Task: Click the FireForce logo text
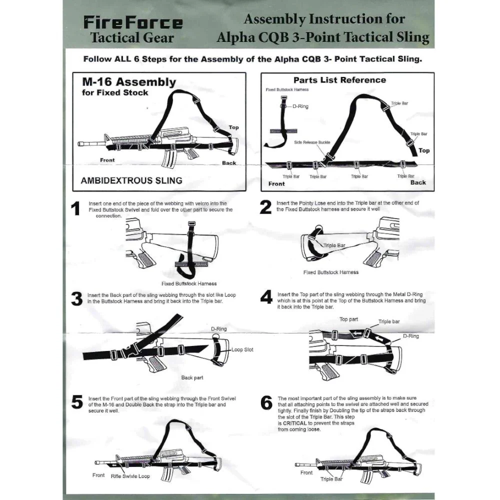tap(132, 22)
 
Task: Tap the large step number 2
tap(265, 207)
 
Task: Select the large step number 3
tap(76, 299)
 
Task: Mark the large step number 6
tap(266, 402)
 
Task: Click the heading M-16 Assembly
tap(128, 82)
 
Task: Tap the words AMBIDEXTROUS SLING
tap(131, 180)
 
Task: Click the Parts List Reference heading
tap(339, 80)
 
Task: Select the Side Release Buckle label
tap(312, 142)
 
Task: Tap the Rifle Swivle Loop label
tap(130, 476)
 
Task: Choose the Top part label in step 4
tap(348, 319)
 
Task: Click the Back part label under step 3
tap(192, 377)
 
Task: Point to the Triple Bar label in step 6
tap(331, 479)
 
